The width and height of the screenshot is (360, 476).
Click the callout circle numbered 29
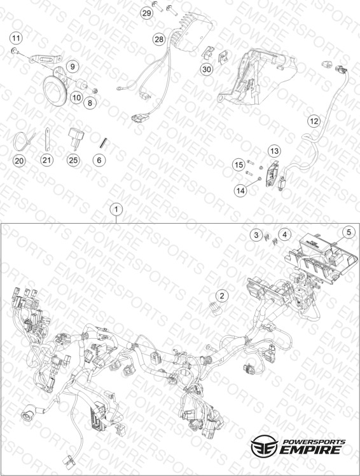click(x=146, y=13)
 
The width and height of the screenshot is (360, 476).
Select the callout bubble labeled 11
click(x=16, y=38)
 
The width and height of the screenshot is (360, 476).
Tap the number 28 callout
click(x=159, y=39)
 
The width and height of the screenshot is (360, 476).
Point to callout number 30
click(x=207, y=69)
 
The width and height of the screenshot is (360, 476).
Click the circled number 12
click(x=314, y=121)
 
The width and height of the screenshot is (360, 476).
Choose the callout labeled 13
click(x=274, y=151)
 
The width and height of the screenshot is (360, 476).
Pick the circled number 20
click(x=19, y=160)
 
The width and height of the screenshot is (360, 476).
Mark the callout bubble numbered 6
click(x=99, y=160)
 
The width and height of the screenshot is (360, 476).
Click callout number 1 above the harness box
click(x=116, y=210)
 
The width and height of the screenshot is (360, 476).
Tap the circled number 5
click(x=349, y=232)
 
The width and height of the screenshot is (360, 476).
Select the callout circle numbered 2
click(x=222, y=296)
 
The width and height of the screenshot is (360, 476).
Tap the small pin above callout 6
click(x=104, y=142)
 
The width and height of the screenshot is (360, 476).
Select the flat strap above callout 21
click(x=47, y=139)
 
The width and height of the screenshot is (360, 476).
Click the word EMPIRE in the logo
click(x=310, y=449)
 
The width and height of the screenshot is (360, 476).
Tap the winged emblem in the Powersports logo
click(x=264, y=445)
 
